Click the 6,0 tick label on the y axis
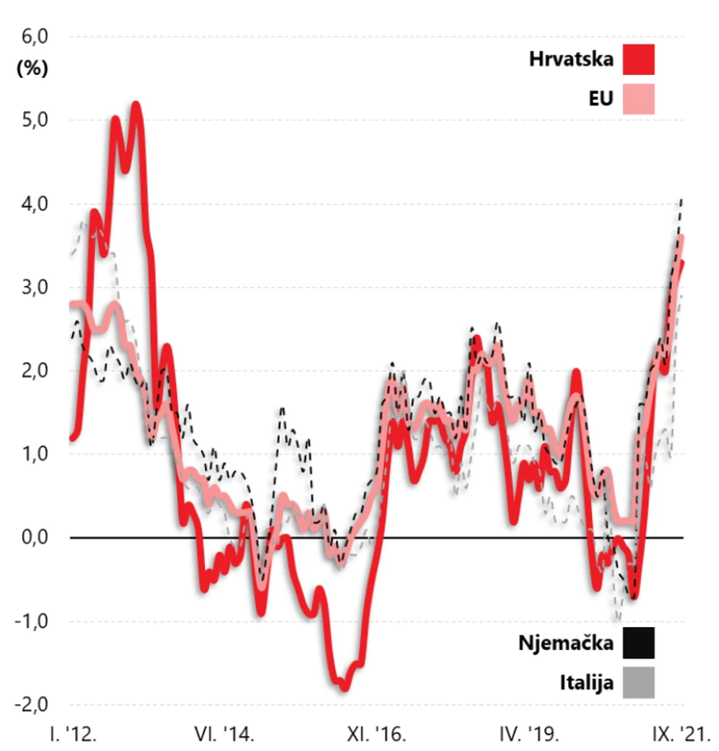pyautogui.click(x=32, y=37)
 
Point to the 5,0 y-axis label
pyautogui.click(x=32, y=120)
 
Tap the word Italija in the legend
pyautogui.click(x=587, y=682)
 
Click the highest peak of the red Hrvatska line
pyautogui.click(x=136, y=104)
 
